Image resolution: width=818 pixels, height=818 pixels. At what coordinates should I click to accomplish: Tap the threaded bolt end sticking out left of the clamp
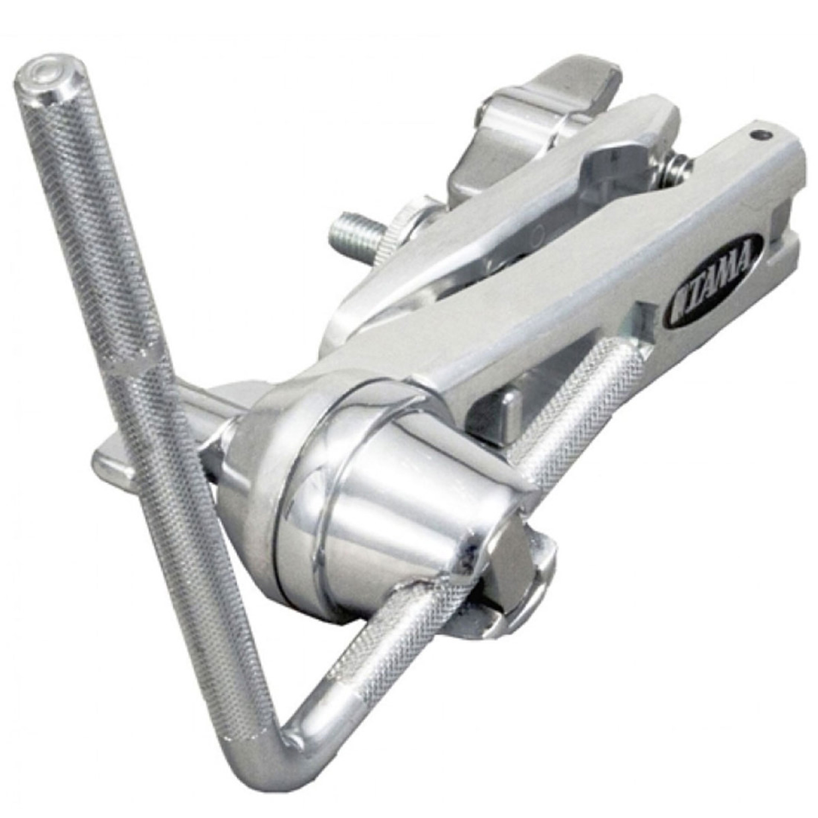pos(349,234)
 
